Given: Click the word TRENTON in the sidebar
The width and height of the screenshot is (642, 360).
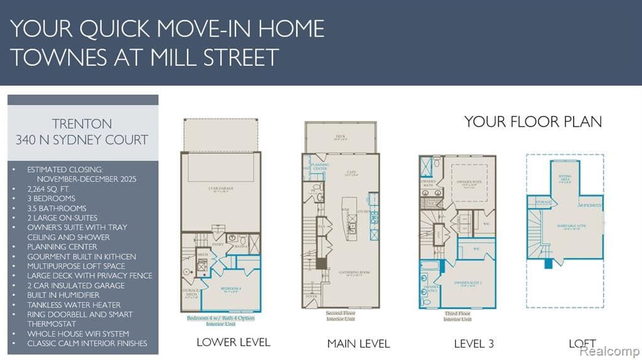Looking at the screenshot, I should (x=82, y=124).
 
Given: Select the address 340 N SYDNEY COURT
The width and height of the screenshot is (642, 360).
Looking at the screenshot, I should (x=82, y=140).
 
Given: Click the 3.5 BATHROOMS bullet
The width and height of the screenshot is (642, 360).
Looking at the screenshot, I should (x=57, y=208).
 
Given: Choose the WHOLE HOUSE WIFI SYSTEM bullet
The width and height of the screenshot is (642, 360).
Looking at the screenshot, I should (x=78, y=334).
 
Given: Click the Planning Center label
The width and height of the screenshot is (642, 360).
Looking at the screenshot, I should (x=320, y=167).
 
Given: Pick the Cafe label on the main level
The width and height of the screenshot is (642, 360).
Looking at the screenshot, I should (x=351, y=172).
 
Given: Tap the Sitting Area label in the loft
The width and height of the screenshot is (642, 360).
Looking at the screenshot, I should (x=565, y=178).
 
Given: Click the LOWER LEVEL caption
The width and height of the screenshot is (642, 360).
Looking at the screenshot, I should (x=233, y=342).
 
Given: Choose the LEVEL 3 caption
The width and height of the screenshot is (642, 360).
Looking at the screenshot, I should (x=474, y=343).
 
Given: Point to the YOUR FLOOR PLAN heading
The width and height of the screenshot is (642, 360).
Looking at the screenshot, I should (x=533, y=122).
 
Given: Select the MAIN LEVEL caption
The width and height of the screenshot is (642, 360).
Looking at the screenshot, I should (x=358, y=343).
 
